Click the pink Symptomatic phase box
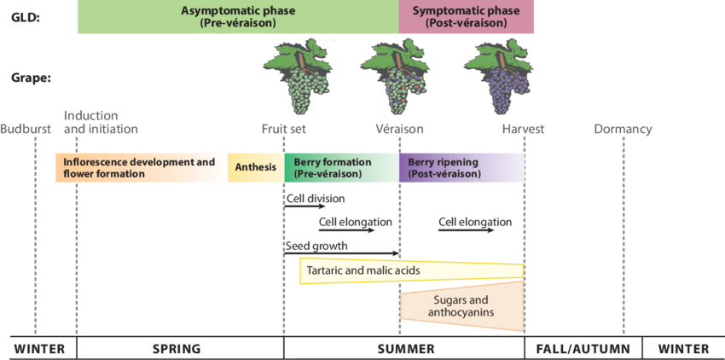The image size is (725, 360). tap(466, 17)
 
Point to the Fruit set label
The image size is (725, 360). tap(284, 130)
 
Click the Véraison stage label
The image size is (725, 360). tap(399, 130)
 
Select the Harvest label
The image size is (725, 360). tap(523, 130)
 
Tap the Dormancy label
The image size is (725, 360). tap(623, 130)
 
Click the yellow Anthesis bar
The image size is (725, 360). tap(256, 167)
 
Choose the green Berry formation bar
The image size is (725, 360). tap(341, 167)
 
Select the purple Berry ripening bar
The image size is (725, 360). tap(461, 167)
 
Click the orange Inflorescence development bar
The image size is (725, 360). tap(141, 167)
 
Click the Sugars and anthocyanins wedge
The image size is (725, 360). tap(465, 307)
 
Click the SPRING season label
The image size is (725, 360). tap(177, 349)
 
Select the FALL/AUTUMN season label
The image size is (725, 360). tap(583, 349)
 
